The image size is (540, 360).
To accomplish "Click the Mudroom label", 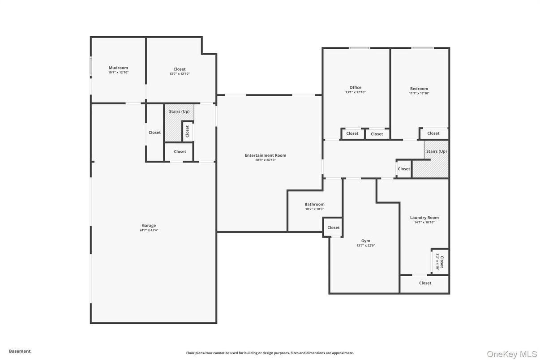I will pyautogui.click(x=118, y=68).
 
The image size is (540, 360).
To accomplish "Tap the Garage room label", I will pyautogui.click(x=149, y=225).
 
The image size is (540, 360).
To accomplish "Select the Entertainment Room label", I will pyautogui.click(x=265, y=155).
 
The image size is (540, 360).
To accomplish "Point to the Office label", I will pyautogui.click(x=356, y=87).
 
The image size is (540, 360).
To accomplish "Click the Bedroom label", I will pyautogui.click(x=419, y=89).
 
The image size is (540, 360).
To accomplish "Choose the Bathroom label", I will pyautogui.click(x=314, y=204).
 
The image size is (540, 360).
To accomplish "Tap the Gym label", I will pyautogui.click(x=366, y=240).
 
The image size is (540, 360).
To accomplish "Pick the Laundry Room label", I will pyautogui.click(x=424, y=218).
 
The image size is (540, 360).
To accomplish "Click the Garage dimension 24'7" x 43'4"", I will pyautogui.click(x=149, y=230).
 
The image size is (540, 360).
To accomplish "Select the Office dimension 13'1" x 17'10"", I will pyautogui.click(x=356, y=92).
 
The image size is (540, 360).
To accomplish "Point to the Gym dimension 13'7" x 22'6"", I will pyautogui.click(x=366, y=245).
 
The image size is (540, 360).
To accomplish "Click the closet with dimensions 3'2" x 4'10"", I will pyautogui.click(x=440, y=261).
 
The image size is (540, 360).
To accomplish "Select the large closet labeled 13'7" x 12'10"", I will pyautogui.click(x=180, y=71).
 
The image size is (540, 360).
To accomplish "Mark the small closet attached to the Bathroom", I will pyautogui.click(x=333, y=227).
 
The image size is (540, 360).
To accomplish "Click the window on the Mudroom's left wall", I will pyautogui.click(x=91, y=66).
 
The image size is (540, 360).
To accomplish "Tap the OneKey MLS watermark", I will pyautogui.click(x=511, y=354).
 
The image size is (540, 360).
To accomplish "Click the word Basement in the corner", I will pyautogui.click(x=20, y=351).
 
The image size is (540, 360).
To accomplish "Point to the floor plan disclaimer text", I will pyautogui.click(x=270, y=353).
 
